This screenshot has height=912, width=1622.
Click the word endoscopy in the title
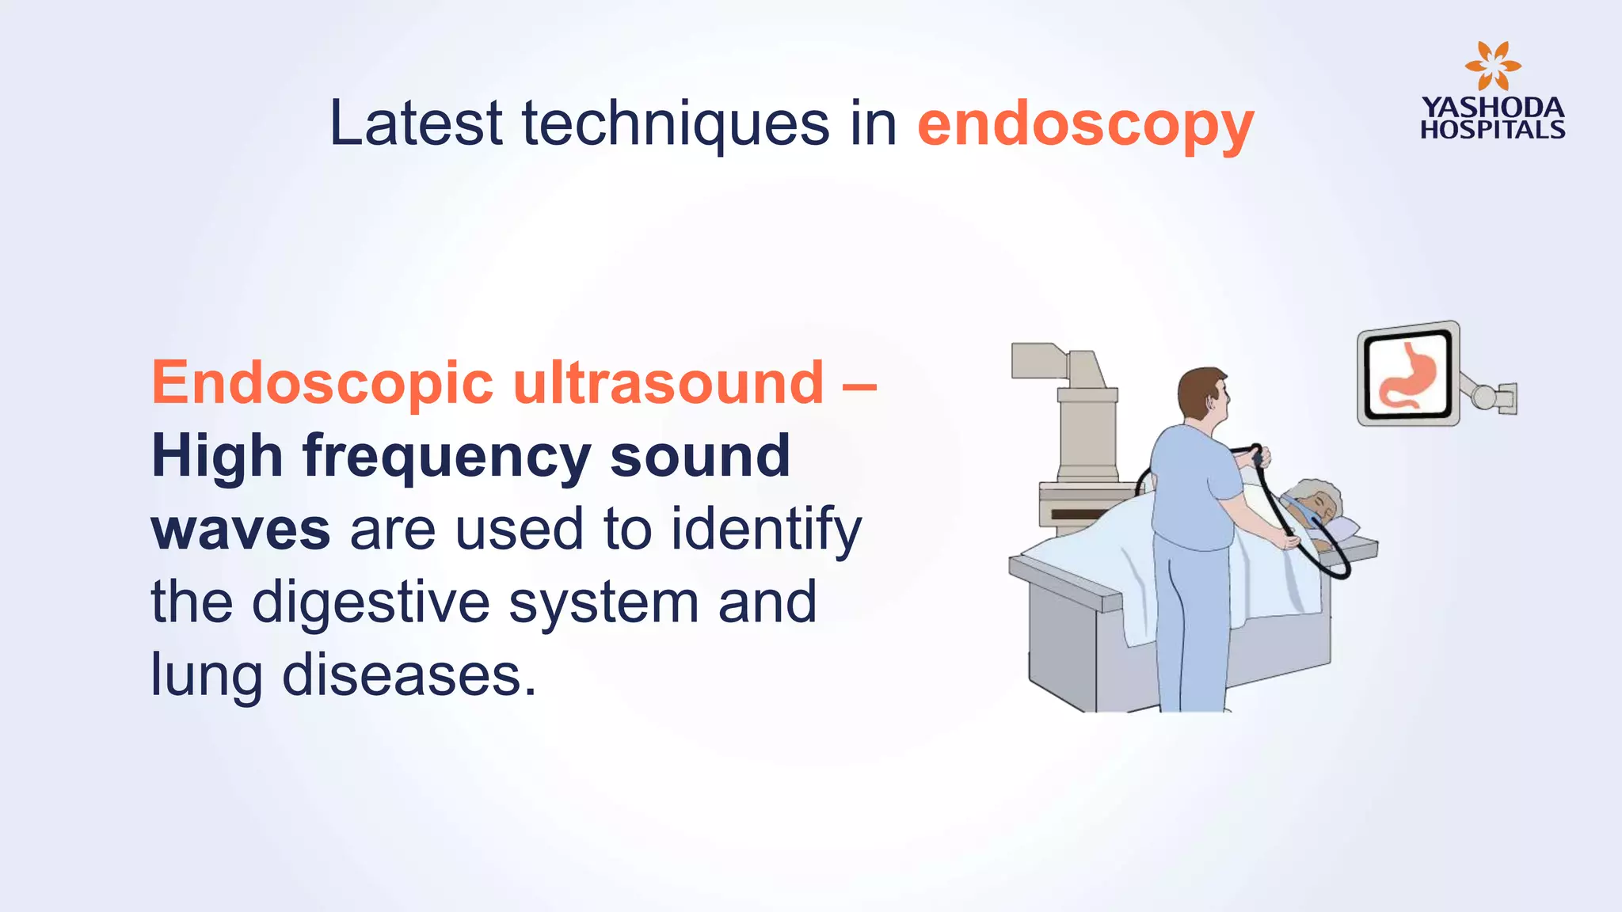pos(1085,124)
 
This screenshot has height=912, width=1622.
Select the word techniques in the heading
pos(676,124)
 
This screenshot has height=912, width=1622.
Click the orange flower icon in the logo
pos(1492,66)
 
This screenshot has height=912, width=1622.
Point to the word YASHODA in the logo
pos(1492,108)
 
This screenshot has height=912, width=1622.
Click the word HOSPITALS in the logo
pos(1492,130)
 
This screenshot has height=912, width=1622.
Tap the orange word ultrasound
pos(668,382)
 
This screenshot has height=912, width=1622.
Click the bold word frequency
pos(447,458)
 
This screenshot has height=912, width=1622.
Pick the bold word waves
pos(240,530)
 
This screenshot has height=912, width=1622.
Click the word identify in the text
pos(766,530)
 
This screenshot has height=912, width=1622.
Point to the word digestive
pos(371,602)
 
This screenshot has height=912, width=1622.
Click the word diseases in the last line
pos(409,675)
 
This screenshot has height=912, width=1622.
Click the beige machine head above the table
pos(1057,363)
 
